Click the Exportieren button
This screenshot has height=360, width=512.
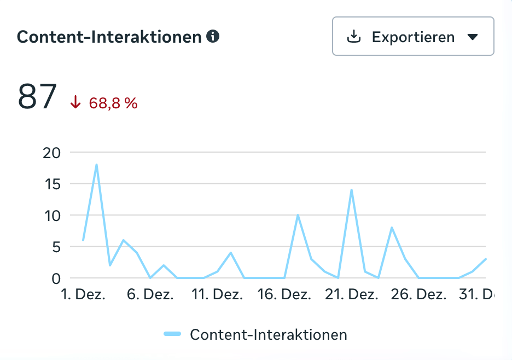[x=413, y=37]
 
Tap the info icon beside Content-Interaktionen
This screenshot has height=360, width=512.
[x=213, y=37]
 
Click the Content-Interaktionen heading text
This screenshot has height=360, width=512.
[x=109, y=37]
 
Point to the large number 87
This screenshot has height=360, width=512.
[x=37, y=97]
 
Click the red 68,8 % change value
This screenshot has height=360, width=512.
[x=113, y=103]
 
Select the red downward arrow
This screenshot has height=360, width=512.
[x=75, y=103]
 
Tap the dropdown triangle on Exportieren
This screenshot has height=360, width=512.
[x=473, y=37]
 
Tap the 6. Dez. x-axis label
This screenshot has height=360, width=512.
[x=150, y=294]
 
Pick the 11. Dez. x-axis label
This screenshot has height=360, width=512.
[x=217, y=294]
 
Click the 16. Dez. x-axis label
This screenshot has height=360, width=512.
[x=284, y=294]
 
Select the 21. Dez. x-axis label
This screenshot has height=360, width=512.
[x=352, y=294]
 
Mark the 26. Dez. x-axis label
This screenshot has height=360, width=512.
[x=419, y=294]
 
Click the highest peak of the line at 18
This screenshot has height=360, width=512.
[x=96, y=165]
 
